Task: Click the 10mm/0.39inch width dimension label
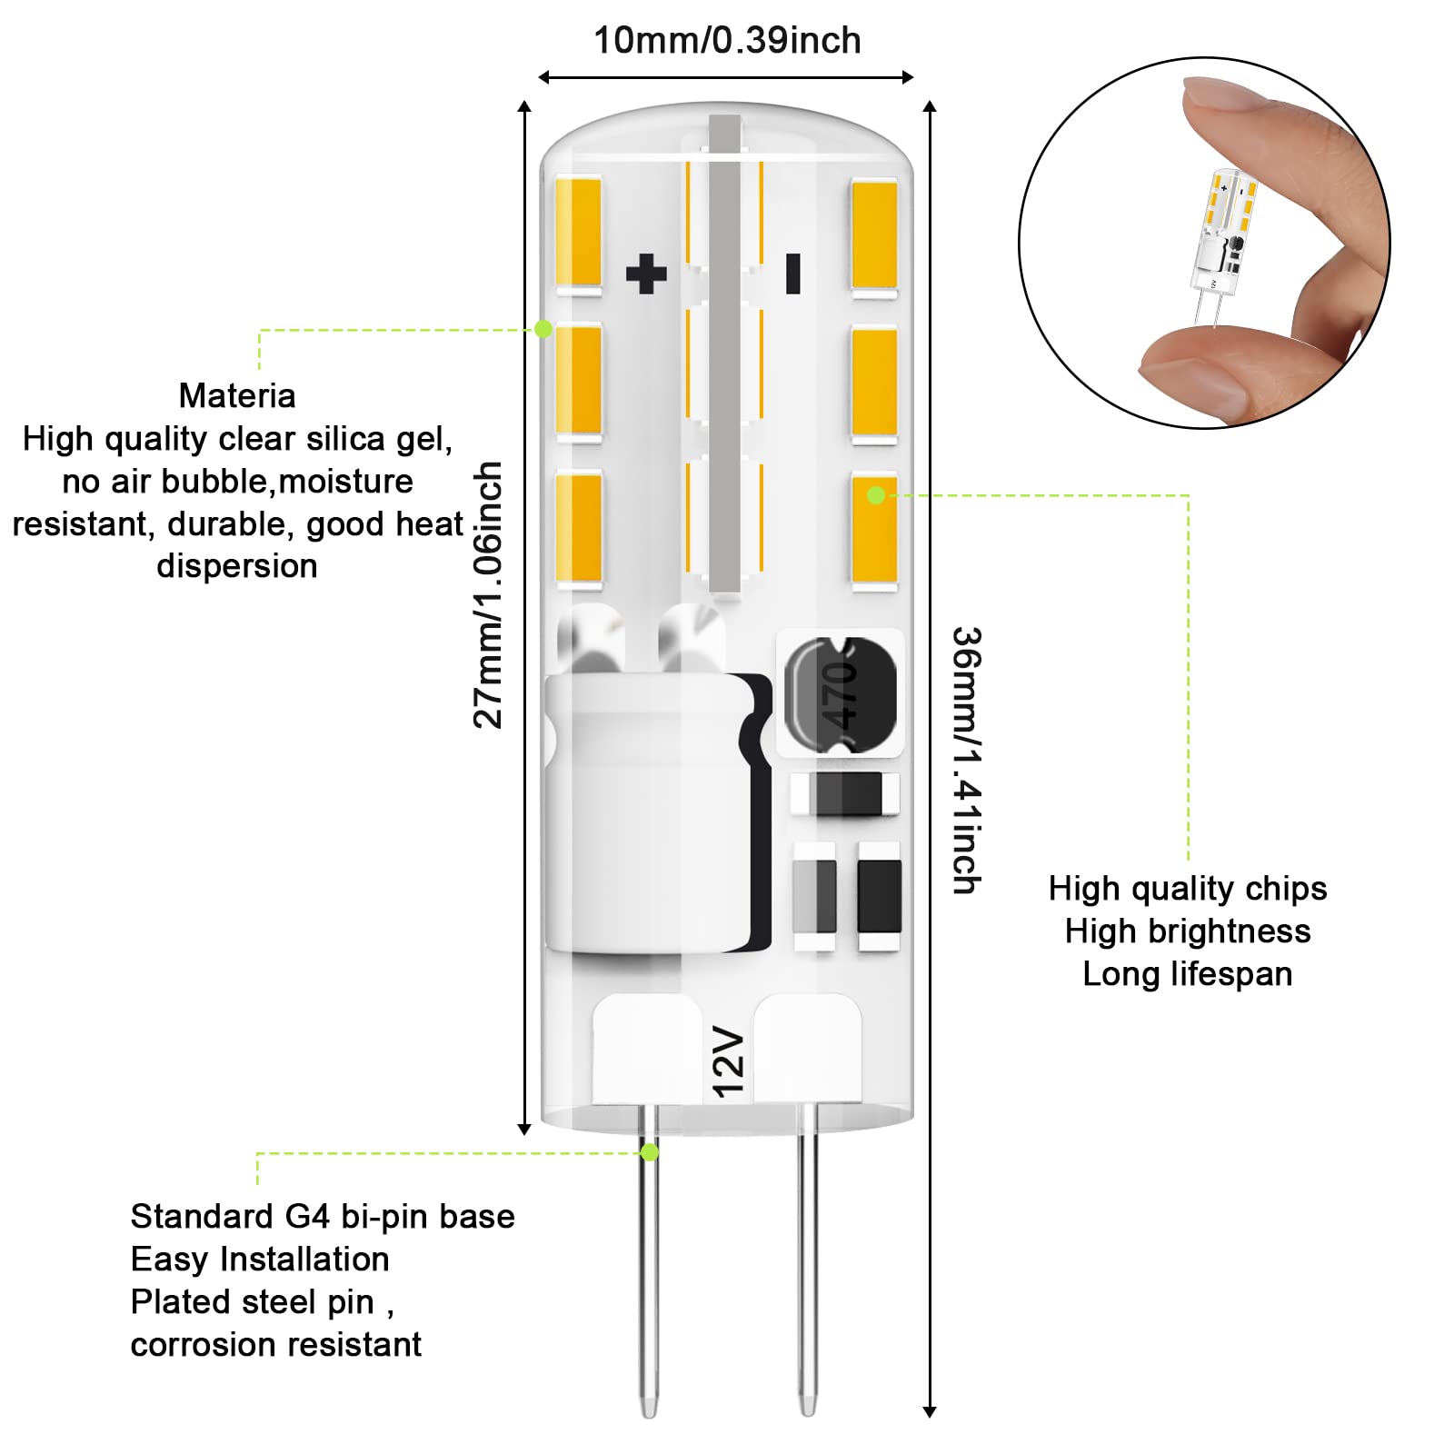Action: pyautogui.click(x=727, y=41)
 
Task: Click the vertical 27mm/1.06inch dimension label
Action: pyautogui.click(x=488, y=595)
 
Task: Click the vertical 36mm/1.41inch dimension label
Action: pyautogui.click(x=967, y=760)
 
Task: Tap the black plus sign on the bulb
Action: pyautogui.click(x=646, y=274)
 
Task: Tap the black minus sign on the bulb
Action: pyautogui.click(x=792, y=274)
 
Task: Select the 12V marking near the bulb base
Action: pyautogui.click(x=729, y=1061)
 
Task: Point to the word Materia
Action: pyautogui.click(x=237, y=396)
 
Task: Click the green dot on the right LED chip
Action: pyautogui.click(x=876, y=495)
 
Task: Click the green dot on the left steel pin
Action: pyautogui.click(x=650, y=1152)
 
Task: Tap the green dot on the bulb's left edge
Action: pyautogui.click(x=543, y=329)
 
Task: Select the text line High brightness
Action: pyautogui.click(x=1187, y=931)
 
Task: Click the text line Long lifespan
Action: pyautogui.click(x=1187, y=974)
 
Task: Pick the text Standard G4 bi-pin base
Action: pyautogui.click(x=323, y=1217)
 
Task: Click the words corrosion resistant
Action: pyautogui.click(x=275, y=1345)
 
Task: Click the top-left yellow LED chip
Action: pyautogui.click(x=579, y=233)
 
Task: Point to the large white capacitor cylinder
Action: pyautogui.click(x=647, y=813)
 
